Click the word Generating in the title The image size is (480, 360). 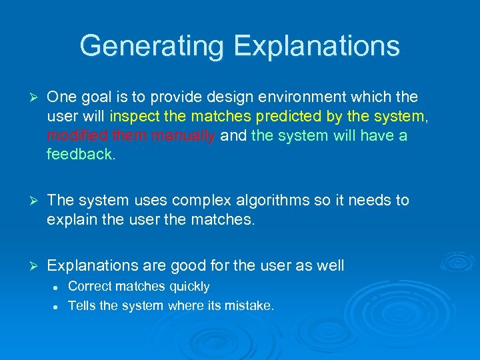pos(152,46)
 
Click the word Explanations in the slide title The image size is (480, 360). pos(317,46)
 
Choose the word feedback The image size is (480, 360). pos(81,155)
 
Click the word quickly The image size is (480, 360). pos(189,287)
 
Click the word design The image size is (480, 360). pos(181,97)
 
